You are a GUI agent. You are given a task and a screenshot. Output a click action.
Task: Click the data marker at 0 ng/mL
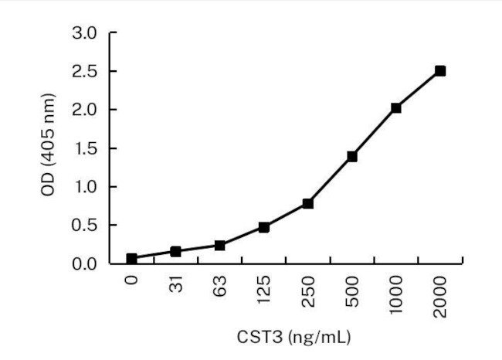point(132,258)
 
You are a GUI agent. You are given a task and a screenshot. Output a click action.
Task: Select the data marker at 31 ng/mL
point(176,251)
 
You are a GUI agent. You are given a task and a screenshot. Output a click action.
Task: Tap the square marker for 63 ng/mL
point(220,246)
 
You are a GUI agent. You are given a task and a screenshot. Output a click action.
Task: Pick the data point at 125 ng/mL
point(264,227)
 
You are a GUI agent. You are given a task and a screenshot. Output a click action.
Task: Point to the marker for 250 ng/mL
point(308,203)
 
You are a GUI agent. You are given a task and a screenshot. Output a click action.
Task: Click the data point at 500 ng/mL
point(352,156)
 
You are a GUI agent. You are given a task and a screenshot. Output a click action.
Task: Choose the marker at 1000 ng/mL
point(396,108)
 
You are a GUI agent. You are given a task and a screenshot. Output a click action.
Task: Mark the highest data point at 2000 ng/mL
point(440,71)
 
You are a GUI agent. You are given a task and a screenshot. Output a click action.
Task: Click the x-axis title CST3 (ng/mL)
point(286,337)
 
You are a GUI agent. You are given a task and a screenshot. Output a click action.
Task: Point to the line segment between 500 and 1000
point(375,132)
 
